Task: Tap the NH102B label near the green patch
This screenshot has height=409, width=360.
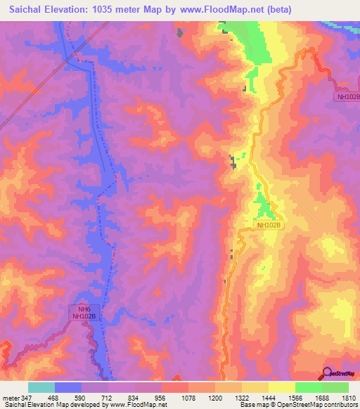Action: (268, 226)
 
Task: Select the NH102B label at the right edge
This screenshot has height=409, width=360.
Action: (347, 97)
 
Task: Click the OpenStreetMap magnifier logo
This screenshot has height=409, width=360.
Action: (328, 374)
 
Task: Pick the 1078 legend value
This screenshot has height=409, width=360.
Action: (188, 398)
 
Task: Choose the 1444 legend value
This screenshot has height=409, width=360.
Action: (269, 398)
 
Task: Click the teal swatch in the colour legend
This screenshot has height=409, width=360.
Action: (41, 387)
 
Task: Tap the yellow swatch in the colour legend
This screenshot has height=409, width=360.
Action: (282, 387)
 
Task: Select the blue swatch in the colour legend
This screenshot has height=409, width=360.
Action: (68, 387)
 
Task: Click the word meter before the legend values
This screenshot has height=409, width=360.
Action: (11, 398)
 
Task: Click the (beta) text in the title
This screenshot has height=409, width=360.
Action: (274, 9)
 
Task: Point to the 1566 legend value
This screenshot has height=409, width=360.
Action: (295, 398)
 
